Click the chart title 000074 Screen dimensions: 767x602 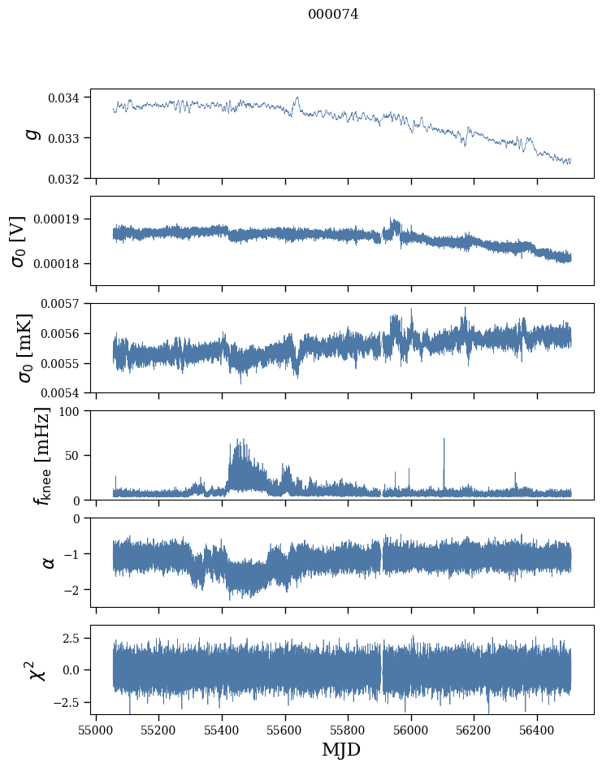[x=333, y=15]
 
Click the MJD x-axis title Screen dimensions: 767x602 [x=341, y=749]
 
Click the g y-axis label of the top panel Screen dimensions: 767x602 [x=32, y=133]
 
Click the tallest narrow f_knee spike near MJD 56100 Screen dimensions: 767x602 [x=444, y=440]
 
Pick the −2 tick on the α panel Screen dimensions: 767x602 [x=78, y=590]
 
